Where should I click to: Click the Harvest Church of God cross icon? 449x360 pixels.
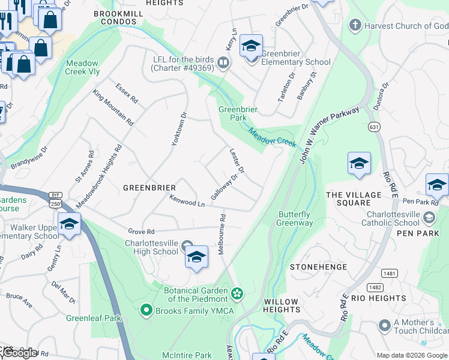[355, 25]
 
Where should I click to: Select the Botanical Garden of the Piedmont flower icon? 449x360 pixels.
[237, 293]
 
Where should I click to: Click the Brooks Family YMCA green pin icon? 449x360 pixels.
[145, 310]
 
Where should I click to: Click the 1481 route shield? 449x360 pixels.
[390, 273]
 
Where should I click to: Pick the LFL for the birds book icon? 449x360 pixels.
[223, 62]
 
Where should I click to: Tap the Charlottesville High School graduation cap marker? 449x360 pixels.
[196, 257]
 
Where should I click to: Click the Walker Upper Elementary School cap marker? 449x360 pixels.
[69, 224]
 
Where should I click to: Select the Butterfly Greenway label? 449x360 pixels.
[294, 218]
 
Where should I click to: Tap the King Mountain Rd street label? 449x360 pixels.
[113, 107]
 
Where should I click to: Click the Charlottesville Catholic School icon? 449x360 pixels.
[429, 217]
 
